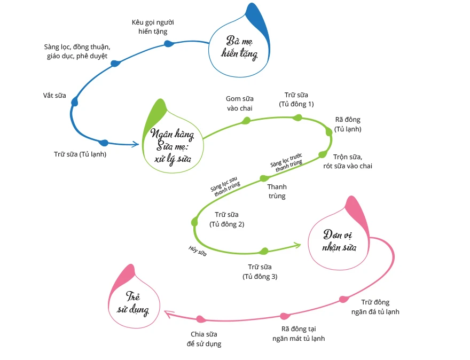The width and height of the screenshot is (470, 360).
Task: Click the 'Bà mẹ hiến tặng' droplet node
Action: (x=240, y=48)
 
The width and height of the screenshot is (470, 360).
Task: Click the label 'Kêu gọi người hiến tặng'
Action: (x=153, y=27)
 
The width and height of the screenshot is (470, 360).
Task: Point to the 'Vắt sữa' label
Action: (x=54, y=96)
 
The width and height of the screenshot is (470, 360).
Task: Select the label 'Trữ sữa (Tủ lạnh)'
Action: (x=80, y=155)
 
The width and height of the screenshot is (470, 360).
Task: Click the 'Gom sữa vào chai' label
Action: (x=239, y=103)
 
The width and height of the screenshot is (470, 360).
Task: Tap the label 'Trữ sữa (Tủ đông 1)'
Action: (x=296, y=99)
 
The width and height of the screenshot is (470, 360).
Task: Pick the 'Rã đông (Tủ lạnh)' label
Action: (x=348, y=124)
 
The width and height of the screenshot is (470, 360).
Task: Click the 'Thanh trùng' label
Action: (x=277, y=191)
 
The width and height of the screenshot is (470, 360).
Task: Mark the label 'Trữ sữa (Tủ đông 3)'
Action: (x=260, y=271)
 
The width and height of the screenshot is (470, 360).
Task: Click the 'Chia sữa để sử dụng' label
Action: (x=203, y=339)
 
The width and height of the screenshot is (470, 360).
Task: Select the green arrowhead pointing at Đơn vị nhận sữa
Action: (x=297, y=245)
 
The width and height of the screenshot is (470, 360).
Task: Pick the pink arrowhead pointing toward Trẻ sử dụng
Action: (x=168, y=314)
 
